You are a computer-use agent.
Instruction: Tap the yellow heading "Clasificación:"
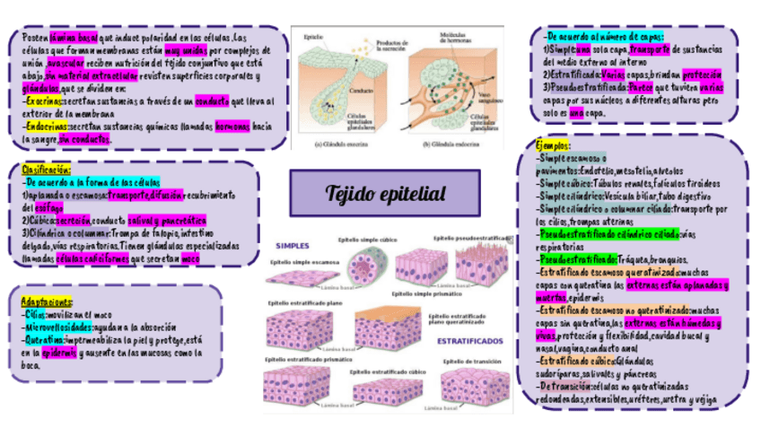pyautogui.click(x=46, y=169)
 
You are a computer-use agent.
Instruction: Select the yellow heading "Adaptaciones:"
pyautogui.click(x=48, y=301)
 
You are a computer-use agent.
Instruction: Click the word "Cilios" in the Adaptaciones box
pyautogui.click(x=35, y=315)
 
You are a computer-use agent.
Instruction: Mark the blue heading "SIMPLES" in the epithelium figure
pyautogui.click(x=292, y=245)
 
